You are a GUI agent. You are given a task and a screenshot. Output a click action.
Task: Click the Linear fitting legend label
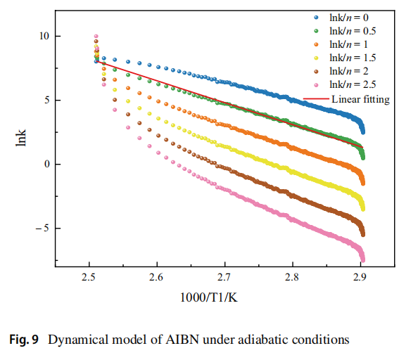click(360, 99)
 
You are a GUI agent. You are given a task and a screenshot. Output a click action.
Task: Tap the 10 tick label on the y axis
click(44, 36)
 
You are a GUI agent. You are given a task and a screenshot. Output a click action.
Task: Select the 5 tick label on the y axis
click(47, 100)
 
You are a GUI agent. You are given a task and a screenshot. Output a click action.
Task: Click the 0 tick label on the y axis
click(47, 164)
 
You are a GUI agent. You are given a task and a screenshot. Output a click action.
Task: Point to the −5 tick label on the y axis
click(43, 229)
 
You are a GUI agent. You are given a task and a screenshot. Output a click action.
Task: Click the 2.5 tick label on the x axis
click(89, 278)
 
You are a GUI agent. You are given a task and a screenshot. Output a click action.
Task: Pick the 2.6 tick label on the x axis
click(156, 278)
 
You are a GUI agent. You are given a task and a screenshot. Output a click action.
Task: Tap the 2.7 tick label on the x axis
click(224, 278)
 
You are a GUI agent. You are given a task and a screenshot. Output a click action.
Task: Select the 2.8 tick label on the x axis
click(292, 278)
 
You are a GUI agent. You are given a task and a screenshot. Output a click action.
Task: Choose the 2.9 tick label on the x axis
click(360, 278)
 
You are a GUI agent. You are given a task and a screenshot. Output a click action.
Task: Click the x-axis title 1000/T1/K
click(209, 297)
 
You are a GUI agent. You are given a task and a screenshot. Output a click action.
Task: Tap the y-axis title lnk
click(21, 138)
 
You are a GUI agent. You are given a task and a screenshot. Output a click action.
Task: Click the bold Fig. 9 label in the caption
click(24, 340)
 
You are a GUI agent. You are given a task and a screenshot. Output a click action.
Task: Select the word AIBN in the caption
click(182, 340)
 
